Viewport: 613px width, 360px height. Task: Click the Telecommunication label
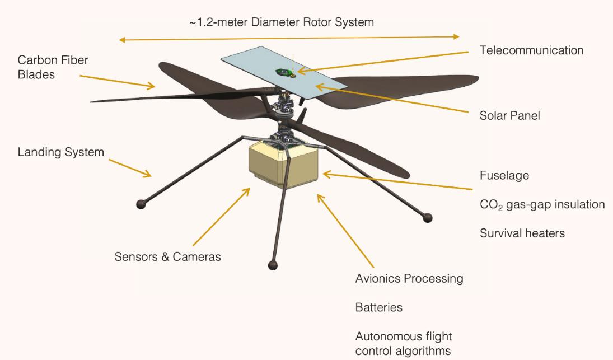(x=531, y=50)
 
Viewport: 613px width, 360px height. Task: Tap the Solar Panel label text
(x=510, y=116)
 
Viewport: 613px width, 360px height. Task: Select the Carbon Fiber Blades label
(x=53, y=67)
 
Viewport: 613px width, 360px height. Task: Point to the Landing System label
(x=61, y=152)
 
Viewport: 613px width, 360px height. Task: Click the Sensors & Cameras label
(x=168, y=257)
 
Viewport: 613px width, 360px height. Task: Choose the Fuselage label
(x=504, y=175)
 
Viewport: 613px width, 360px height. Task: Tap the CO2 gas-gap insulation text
(x=542, y=205)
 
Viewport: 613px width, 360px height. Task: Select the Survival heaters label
(x=522, y=233)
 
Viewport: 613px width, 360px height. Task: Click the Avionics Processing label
(x=409, y=279)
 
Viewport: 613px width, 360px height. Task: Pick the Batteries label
(x=379, y=307)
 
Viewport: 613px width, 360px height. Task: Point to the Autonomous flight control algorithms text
(x=404, y=344)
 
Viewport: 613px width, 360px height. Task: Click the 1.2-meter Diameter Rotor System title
(x=282, y=22)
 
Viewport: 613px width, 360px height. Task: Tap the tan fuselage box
(x=283, y=164)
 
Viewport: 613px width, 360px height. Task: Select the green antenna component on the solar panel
(x=283, y=72)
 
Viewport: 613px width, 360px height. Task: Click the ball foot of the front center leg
(x=273, y=265)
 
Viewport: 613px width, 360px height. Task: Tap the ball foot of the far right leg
(x=428, y=218)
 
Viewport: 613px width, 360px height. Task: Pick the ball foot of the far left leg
(x=141, y=204)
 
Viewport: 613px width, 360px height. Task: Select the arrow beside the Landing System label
(x=130, y=169)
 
